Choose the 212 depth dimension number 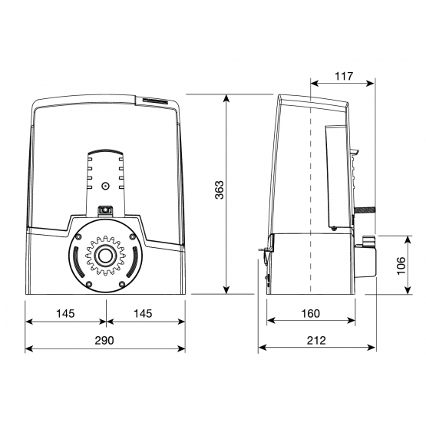click(315, 340)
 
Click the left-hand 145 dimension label click(65, 314)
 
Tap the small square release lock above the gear click(105, 209)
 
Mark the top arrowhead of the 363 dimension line click(227, 99)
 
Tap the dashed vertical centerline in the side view click(309, 192)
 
